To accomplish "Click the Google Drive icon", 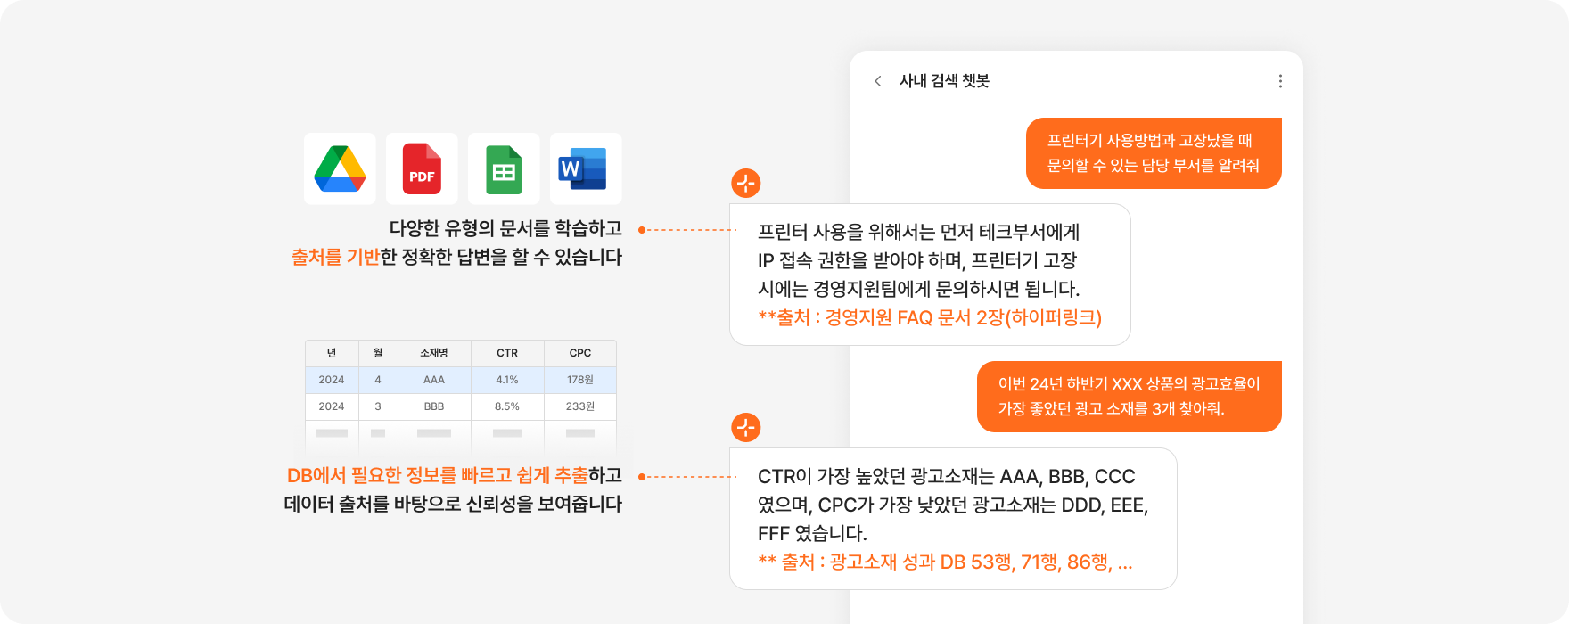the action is pyautogui.click(x=340, y=168).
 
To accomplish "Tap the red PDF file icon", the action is pyautogui.click(x=422, y=168).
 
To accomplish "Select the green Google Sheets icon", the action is pyautogui.click(x=504, y=169).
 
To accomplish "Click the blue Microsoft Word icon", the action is pyautogui.click(x=582, y=168).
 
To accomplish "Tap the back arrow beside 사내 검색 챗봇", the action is pyautogui.click(x=878, y=81).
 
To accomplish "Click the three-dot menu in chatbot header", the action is pyautogui.click(x=1280, y=81).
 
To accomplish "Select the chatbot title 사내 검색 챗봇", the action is pyautogui.click(x=944, y=81).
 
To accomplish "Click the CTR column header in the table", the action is pyautogui.click(x=507, y=353).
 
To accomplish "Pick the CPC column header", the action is pyautogui.click(x=580, y=353).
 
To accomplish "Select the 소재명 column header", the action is pyautogui.click(x=434, y=353).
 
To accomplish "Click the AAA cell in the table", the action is pyautogui.click(x=434, y=380).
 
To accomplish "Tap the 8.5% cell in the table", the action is pyautogui.click(x=507, y=406).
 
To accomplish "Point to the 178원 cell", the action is pyautogui.click(x=580, y=380).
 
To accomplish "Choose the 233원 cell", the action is pyautogui.click(x=580, y=406).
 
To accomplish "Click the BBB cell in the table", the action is pyautogui.click(x=434, y=406).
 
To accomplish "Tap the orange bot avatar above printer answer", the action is pyautogui.click(x=746, y=184).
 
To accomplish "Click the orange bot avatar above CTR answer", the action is pyautogui.click(x=746, y=427).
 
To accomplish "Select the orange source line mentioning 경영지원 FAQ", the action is pyautogui.click(x=930, y=317).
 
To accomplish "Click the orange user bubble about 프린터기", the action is pyautogui.click(x=1154, y=153).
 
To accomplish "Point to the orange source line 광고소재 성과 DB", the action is pyautogui.click(x=945, y=562).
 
